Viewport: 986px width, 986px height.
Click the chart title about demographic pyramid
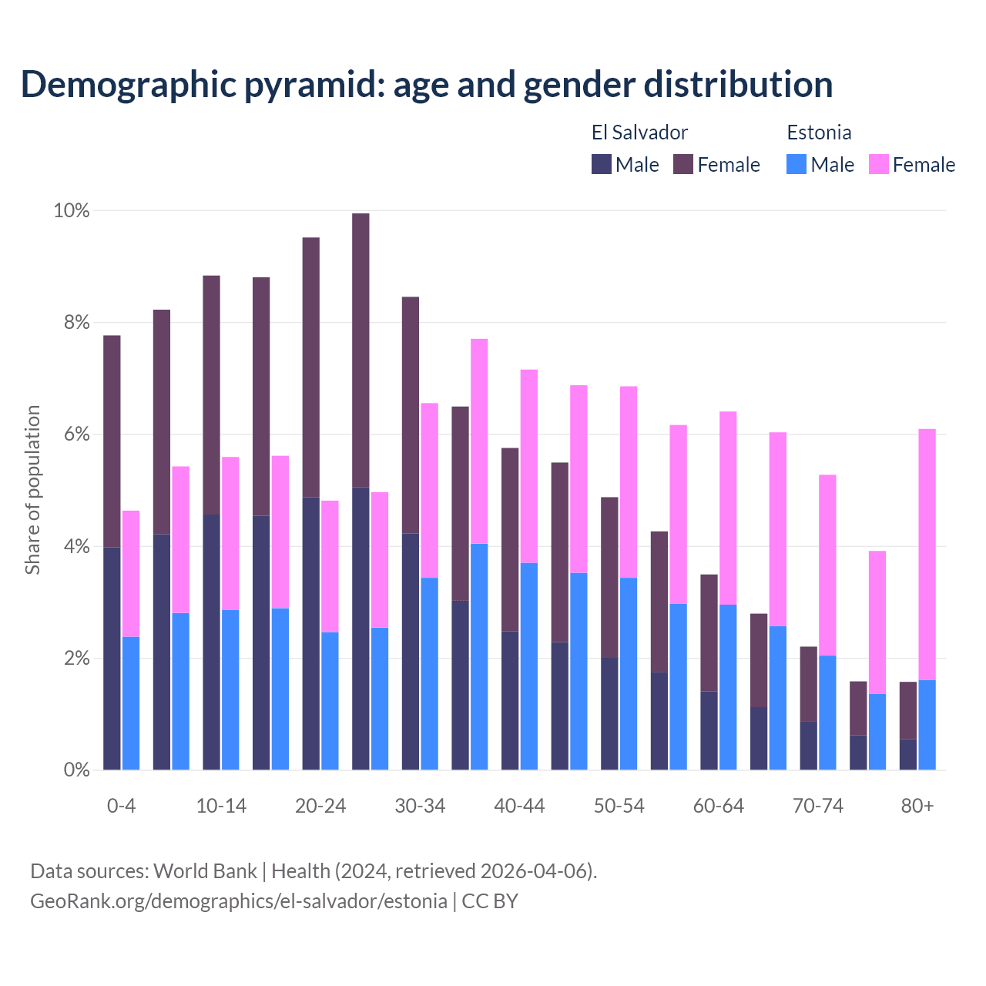(427, 85)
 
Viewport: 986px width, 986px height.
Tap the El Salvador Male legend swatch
(602, 164)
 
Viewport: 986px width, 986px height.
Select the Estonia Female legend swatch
(878, 164)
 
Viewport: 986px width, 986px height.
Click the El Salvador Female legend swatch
(683, 164)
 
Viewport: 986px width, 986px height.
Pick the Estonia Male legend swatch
(797, 164)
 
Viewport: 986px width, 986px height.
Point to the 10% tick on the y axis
(71, 210)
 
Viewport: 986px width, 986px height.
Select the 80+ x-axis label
(917, 807)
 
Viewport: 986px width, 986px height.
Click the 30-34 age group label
(420, 807)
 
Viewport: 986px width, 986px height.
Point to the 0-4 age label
(121, 807)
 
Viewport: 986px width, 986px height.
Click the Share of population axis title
(32, 490)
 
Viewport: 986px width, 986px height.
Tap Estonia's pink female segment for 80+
(927, 555)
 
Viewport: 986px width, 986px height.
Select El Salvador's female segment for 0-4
(112, 441)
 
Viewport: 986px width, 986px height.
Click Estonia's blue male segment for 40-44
(529, 666)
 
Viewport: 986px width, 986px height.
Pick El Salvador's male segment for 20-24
(310, 633)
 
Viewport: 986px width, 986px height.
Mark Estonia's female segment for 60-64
(728, 508)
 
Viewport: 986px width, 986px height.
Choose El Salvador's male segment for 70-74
(808, 746)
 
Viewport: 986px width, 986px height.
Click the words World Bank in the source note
(205, 871)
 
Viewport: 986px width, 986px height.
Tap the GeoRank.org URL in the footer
(239, 901)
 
